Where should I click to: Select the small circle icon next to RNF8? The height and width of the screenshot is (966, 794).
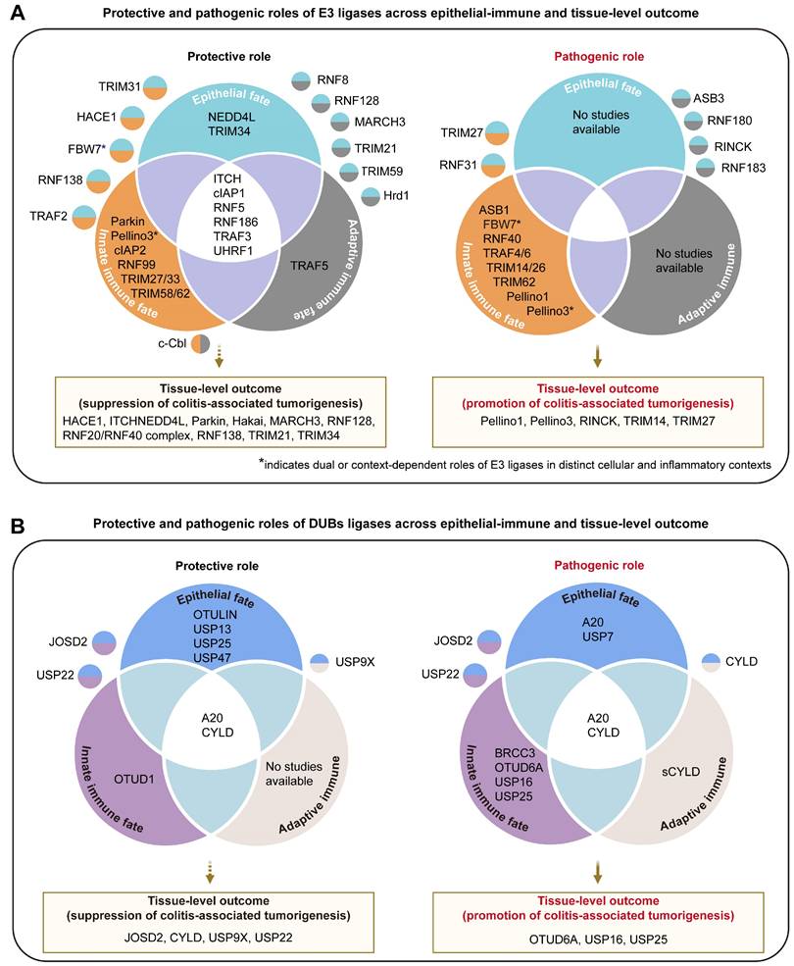(x=302, y=81)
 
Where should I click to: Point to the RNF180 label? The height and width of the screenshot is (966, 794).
(x=737, y=122)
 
